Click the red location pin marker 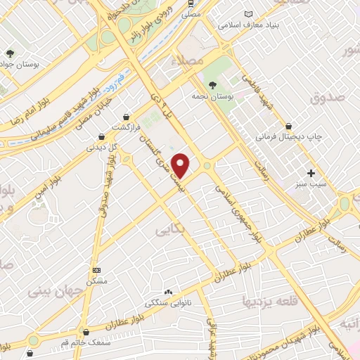(x=181, y=165)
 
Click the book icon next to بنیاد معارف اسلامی (x=247, y=14)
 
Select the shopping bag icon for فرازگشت (x=126, y=117)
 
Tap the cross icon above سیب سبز (x=311, y=173)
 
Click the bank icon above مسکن (x=96, y=270)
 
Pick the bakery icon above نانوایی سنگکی (x=168, y=292)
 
